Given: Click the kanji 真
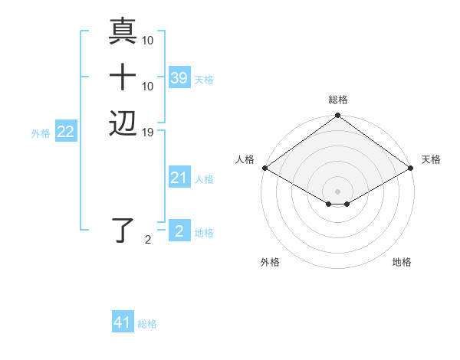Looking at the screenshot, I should pos(123,31).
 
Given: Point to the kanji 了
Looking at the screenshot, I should pos(123,230).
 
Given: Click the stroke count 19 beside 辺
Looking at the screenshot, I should pos(148,133).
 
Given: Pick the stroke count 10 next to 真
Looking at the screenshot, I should pos(148,40).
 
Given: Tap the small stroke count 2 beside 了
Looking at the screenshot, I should pos(148,240).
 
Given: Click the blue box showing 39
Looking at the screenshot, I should pos(179,78).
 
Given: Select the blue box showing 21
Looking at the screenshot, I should pos(179,178).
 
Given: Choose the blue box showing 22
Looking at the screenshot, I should pos(66,133).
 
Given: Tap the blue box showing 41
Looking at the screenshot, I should pos(123,322).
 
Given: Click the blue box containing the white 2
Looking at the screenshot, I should pos(179,231).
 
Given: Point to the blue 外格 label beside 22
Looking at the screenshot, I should pos(41,133).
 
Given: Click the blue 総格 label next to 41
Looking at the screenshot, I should pos(147,324).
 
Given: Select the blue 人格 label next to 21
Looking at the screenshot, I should pos(204,179).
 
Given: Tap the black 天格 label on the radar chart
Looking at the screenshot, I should pos(431,159).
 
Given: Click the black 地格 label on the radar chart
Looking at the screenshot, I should pos(402,262).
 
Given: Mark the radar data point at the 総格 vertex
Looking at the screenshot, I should pos(337,116).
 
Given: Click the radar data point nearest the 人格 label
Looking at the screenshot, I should pos(264,168).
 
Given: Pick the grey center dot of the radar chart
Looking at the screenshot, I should pos(337,191).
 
